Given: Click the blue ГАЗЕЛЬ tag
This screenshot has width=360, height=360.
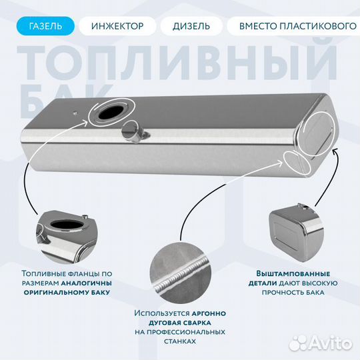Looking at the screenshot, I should coord(46,26).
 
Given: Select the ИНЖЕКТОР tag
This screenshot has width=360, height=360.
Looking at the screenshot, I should coord(117,26).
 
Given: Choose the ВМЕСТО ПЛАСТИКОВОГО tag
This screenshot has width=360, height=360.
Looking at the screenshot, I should coord(292,26).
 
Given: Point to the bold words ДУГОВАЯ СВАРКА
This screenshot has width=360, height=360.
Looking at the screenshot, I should coord(179,322).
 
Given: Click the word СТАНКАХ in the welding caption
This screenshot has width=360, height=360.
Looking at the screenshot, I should coord(179,341).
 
